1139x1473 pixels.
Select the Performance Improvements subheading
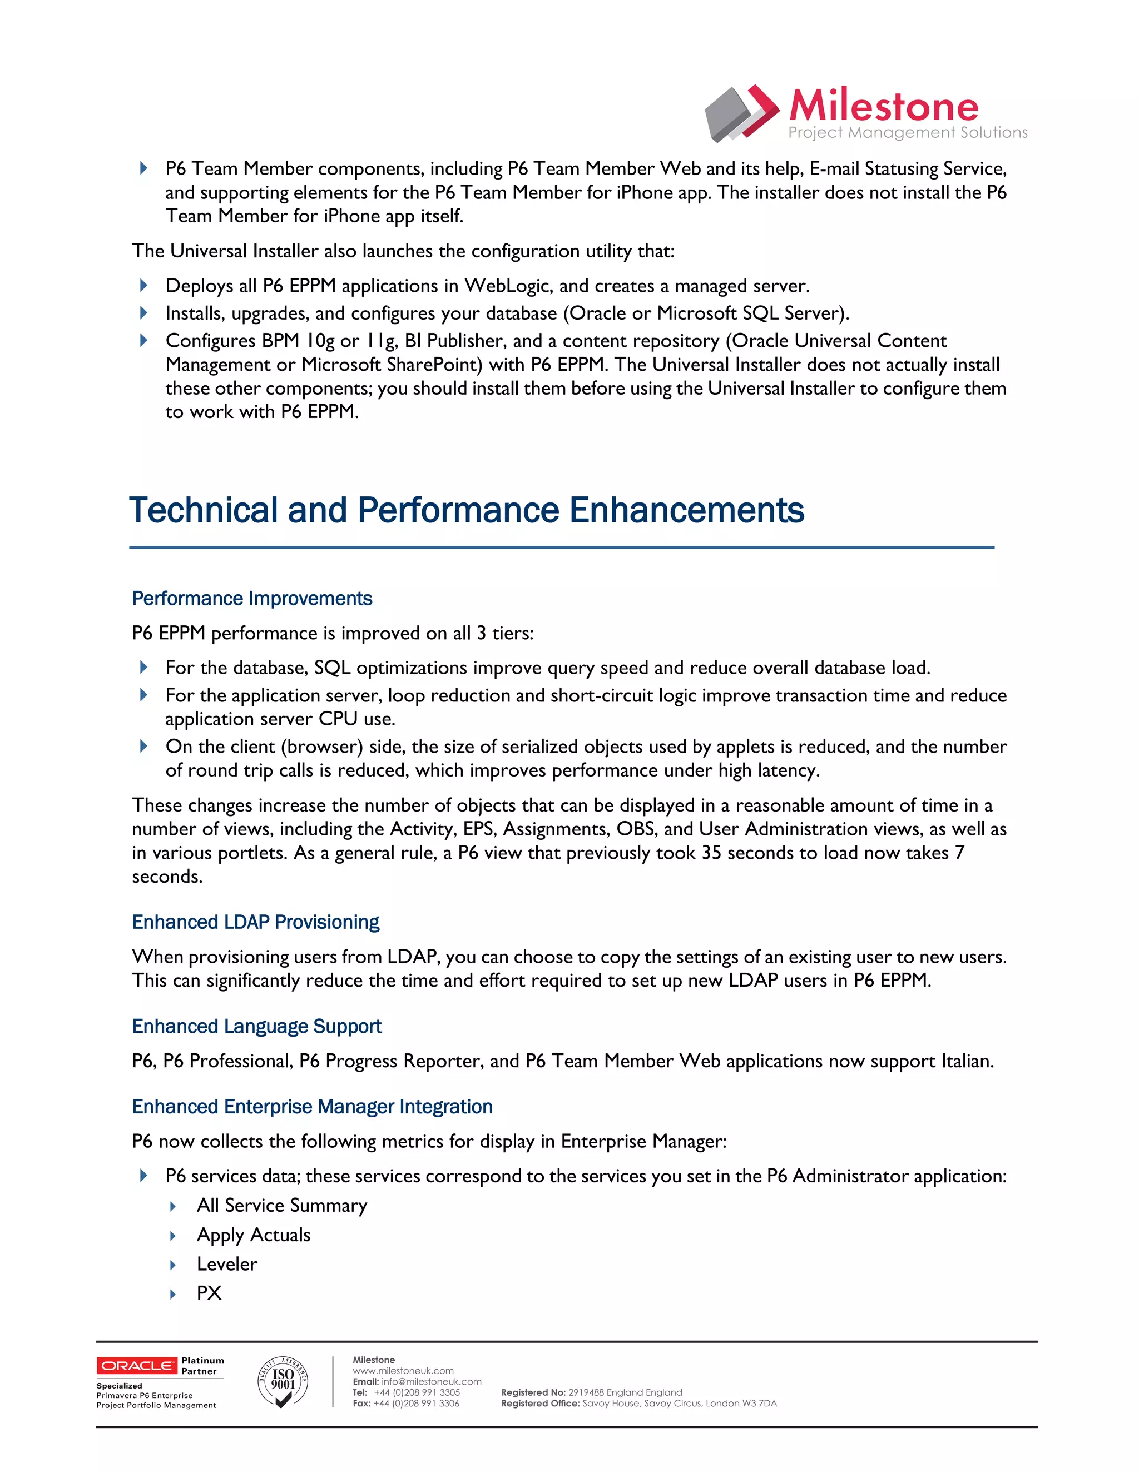tap(252, 598)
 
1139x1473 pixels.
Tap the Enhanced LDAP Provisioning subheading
tap(255, 922)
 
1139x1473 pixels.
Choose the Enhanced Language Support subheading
tap(256, 1026)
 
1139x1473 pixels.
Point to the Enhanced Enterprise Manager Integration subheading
tap(312, 1107)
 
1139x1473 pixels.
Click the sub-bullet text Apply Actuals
tap(253, 1235)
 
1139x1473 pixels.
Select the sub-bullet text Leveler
tap(227, 1264)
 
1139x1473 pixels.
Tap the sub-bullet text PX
tap(209, 1293)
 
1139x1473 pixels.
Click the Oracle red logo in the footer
tap(137, 1366)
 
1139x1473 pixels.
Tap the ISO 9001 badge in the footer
tap(283, 1381)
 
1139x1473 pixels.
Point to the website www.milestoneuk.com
tap(403, 1371)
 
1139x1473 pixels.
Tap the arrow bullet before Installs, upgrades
tap(143, 313)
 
